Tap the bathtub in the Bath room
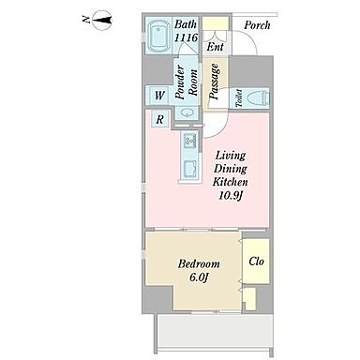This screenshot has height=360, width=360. point(159,37)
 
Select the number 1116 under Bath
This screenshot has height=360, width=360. point(186,37)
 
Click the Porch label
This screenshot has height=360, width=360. point(257,25)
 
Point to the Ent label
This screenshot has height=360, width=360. point(216,47)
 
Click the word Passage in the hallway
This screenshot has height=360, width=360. point(215,82)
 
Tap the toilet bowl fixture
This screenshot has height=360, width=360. point(258,97)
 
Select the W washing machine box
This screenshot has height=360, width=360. point(159,95)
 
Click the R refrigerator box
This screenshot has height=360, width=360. point(160,119)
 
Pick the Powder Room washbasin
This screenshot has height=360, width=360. point(187,112)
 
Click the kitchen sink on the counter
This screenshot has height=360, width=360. point(190,140)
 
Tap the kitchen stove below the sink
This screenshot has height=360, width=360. point(190,169)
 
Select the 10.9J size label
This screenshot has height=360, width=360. point(231,196)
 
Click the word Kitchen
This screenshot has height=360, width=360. point(230,182)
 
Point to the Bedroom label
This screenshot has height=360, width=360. point(199,264)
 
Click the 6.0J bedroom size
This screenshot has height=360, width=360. point(199,277)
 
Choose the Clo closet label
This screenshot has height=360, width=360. point(257,262)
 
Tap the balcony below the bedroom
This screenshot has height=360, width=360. point(214,331)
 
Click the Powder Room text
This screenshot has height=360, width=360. point(187,82)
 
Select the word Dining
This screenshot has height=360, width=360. point(231,169)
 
